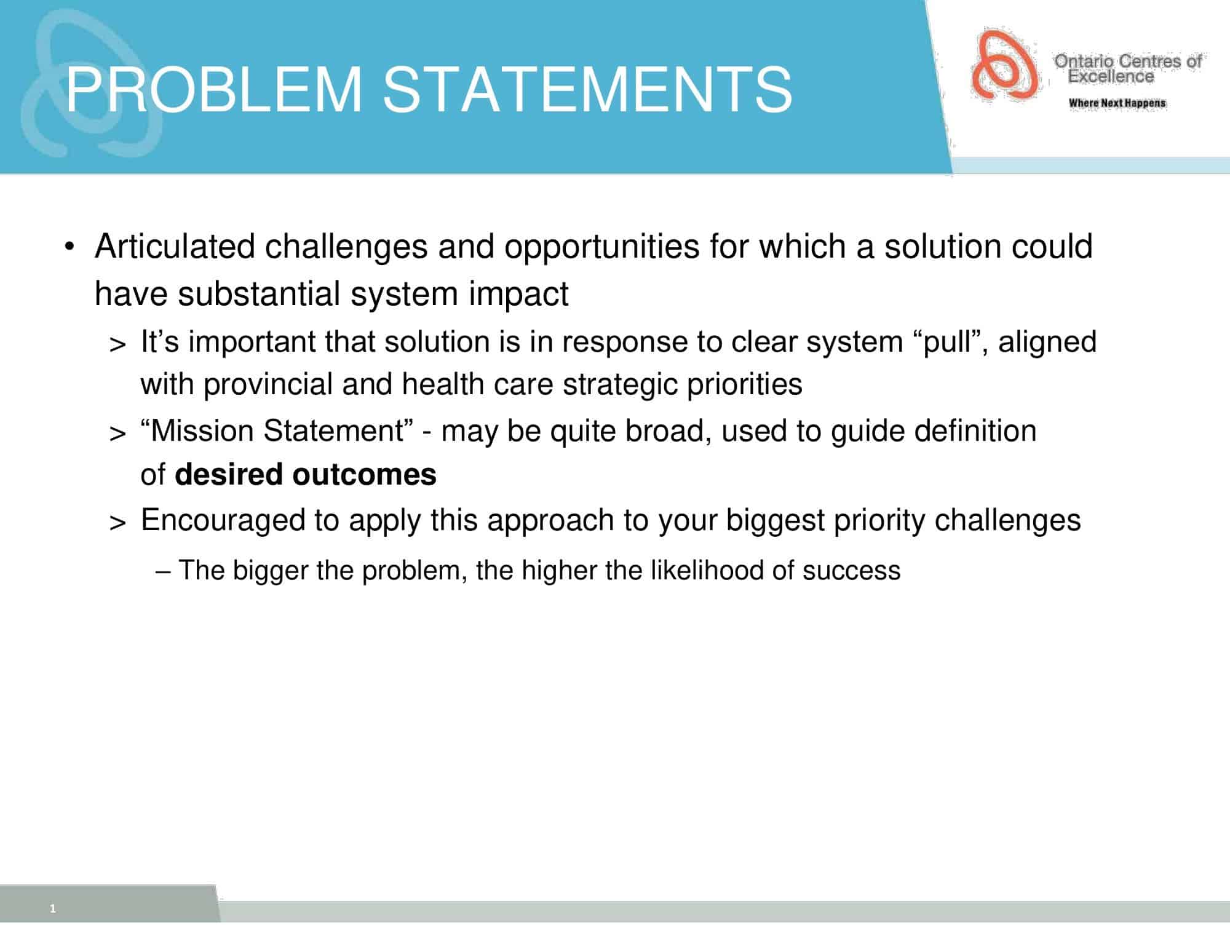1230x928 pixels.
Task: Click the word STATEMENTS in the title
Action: [x=587, y=90]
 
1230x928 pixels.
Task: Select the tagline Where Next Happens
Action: [x=1117, y=103]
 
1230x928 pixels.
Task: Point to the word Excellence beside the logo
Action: [x=1111, y=77]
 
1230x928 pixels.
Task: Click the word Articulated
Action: [x=175, y=247]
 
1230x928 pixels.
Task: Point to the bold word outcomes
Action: [x=364, y=475]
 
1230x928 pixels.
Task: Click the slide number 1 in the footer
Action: [x=53, y=909]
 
